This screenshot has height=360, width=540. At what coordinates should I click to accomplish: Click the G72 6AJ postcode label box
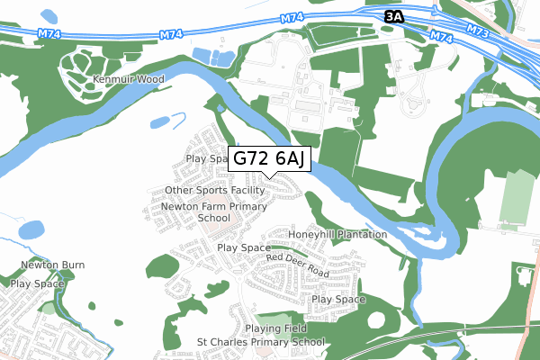tap(271, 159)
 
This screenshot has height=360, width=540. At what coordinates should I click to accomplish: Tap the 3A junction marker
tap(394, 16)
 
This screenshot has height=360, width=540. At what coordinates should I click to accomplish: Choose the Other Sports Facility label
tap(214, 192)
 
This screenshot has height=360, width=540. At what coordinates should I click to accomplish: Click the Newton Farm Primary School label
tap(202, 211)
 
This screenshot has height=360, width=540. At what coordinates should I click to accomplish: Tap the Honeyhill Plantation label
tap(337, 234)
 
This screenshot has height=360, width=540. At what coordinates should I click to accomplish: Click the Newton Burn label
tap(53, 265)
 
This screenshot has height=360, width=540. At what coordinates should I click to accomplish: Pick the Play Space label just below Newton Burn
tap(38, 283)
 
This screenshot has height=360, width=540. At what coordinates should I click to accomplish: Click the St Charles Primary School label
tap(261, 343)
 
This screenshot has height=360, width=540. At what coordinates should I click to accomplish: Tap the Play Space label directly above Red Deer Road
tap(244, 247)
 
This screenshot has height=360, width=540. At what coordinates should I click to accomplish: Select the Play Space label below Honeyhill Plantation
tap(338, 299)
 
